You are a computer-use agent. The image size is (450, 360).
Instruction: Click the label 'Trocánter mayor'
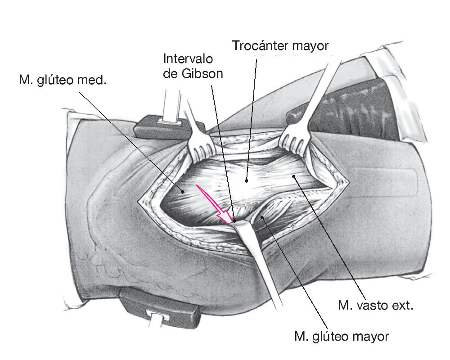coord(281,46)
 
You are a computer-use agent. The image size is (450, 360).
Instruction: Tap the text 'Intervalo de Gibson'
coord(193,66)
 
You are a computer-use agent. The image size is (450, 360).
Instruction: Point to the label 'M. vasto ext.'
coord(375,306)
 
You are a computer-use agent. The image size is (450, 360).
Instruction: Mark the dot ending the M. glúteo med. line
coord(184,192)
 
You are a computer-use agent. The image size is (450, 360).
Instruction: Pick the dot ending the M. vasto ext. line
coord(295,177)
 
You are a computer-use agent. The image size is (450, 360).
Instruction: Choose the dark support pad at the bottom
coord(160,304)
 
